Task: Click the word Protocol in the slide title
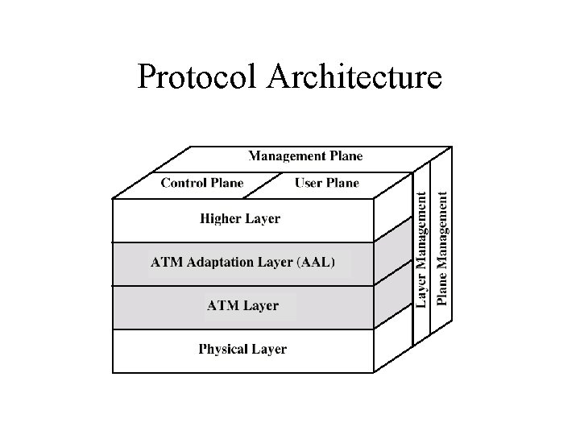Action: click(197, 78)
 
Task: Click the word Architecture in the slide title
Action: click(354, 78)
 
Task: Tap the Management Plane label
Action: click(305, 156)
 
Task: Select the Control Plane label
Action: click(202, 183)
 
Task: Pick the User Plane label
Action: click(326, 183)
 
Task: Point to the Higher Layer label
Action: click(239, 218)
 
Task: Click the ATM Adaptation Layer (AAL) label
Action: click(242, 262)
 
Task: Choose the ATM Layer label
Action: click(242, 306)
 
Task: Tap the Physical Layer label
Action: click(242, 350)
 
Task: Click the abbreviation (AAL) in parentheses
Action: click(316, 262)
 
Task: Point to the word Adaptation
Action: click(222, 262)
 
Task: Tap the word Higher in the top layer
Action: click(221, 218)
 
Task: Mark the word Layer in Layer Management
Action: click(421, 290)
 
